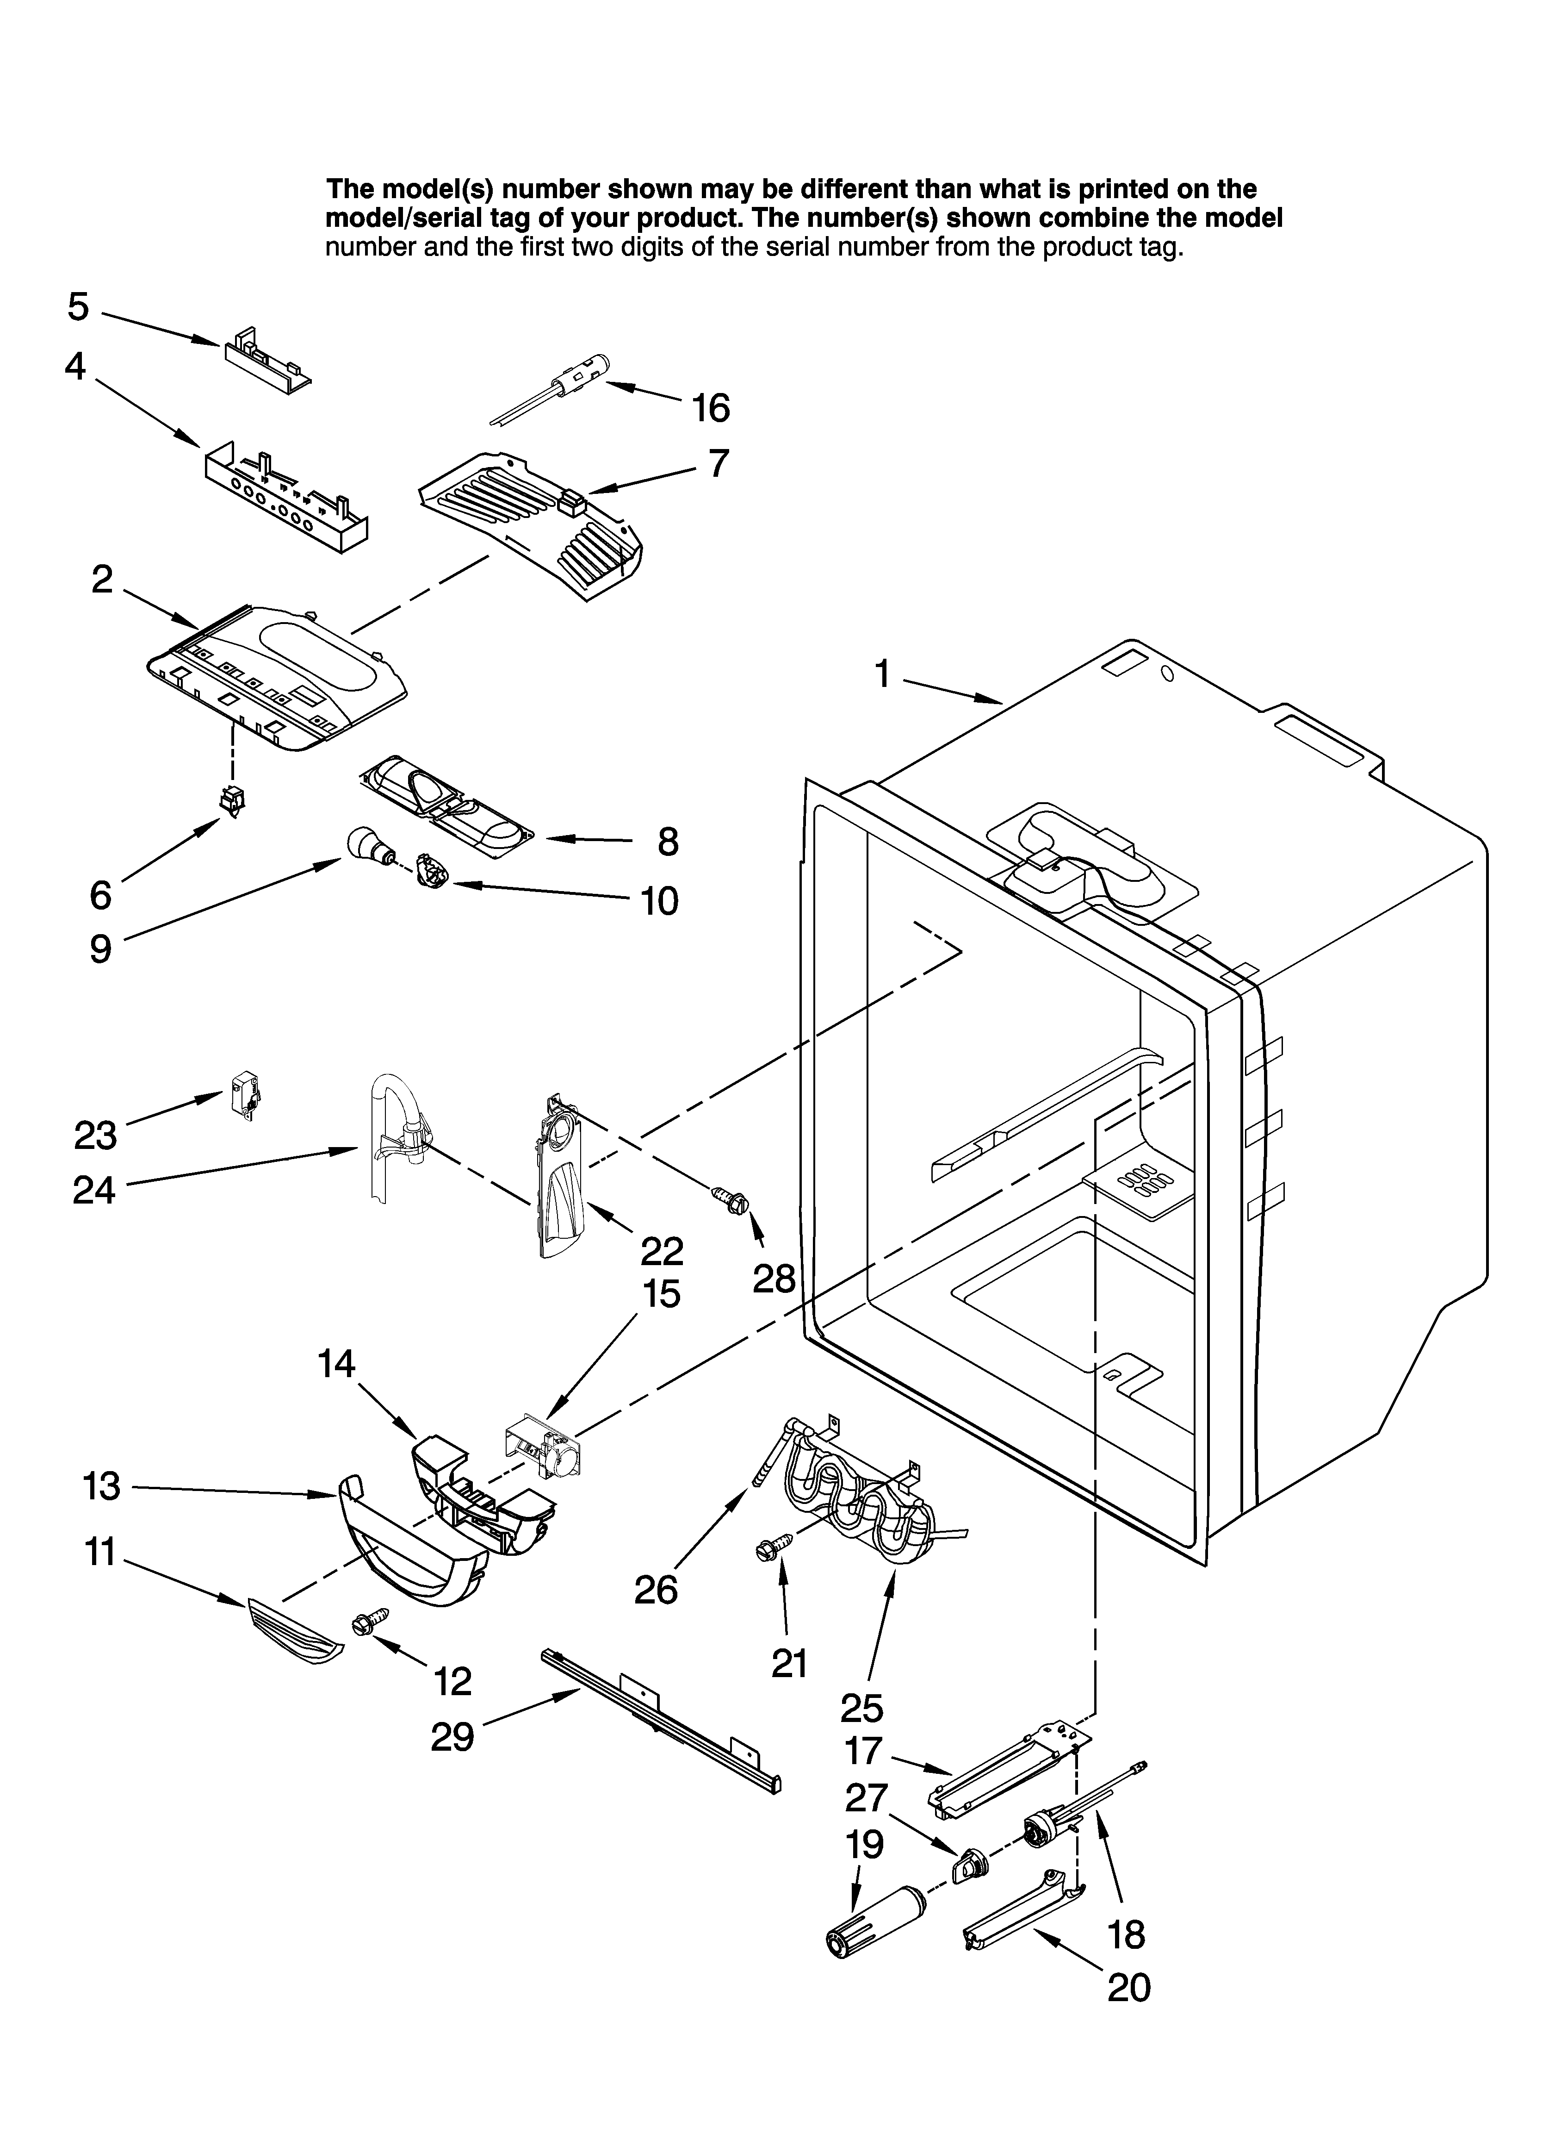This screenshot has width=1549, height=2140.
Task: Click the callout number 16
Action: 710,409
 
